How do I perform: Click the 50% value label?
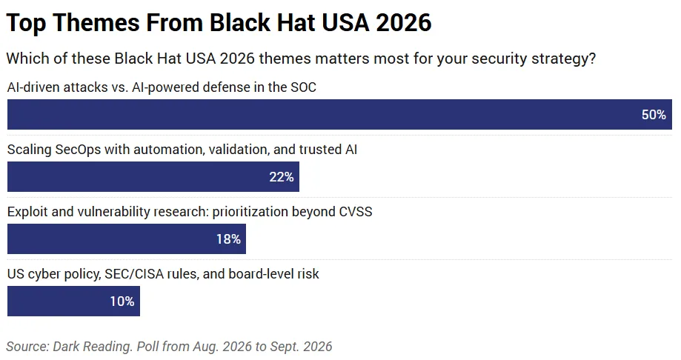(654, 115)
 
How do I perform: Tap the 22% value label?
(282, 177)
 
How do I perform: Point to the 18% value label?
(228, 239)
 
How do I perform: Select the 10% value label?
(122, 301)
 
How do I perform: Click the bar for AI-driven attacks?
(339, 115)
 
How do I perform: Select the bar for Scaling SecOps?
(153, 177)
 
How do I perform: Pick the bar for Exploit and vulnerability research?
(127, 239)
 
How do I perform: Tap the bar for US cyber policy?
(73, 301)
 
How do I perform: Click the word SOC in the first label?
(304, 87)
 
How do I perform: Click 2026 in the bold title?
(403, 22)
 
